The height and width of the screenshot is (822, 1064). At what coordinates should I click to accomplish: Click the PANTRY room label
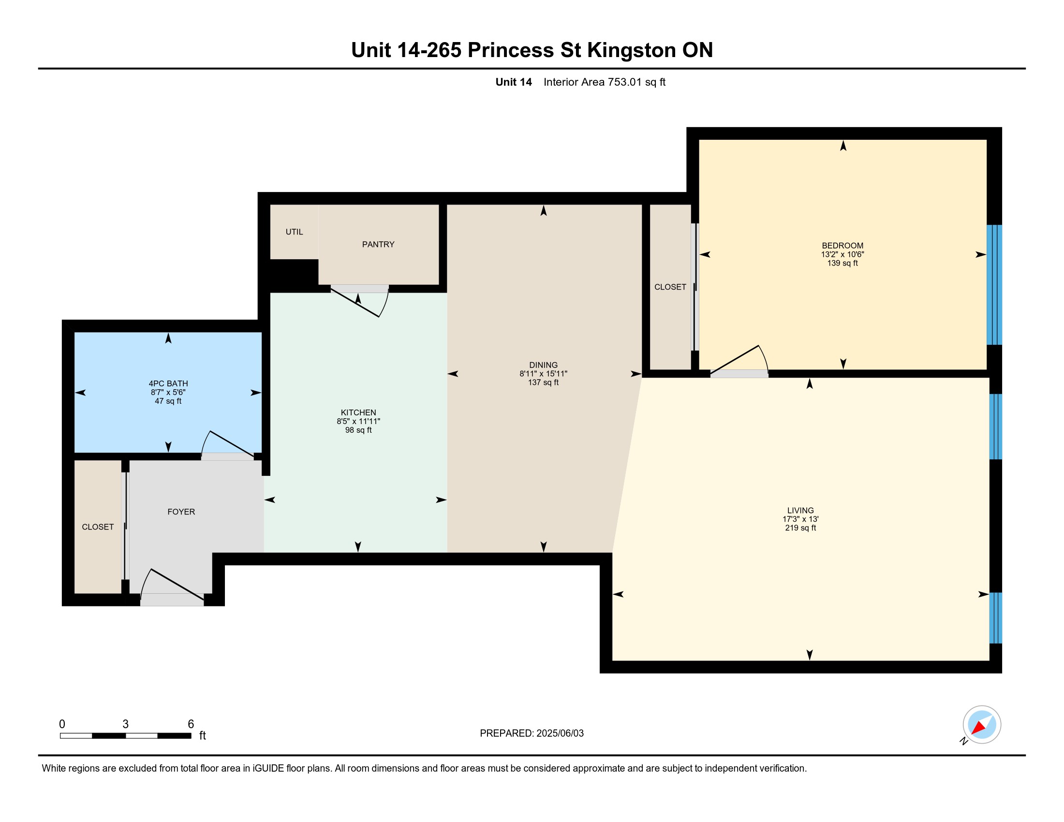(x=378, y=245)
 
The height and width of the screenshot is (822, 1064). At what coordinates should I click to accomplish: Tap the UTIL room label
(x=294, y=232)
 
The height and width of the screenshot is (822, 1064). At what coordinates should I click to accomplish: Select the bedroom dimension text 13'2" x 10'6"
(x=842, y=254)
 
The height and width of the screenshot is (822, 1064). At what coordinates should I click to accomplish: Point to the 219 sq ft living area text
(x=800, y=528)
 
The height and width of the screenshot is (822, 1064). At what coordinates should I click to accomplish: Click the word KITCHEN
(x=358, y=412)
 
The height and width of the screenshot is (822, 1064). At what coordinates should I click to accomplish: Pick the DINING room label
(x=543, y=365)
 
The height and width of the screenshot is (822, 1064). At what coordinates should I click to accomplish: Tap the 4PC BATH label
(x=168, y=384)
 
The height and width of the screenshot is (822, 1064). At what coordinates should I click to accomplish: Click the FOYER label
(x=181, y=512)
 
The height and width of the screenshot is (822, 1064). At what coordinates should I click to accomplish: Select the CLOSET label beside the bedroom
(x=670, y=287)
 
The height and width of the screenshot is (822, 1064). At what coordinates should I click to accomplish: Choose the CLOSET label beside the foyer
(x=98, y=527)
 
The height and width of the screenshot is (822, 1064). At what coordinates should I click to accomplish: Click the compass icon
(x=981, y=725)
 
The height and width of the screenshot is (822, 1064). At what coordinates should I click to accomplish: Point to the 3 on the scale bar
(x=126, y=724)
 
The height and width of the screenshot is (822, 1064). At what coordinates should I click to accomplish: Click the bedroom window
(x=994, y=285)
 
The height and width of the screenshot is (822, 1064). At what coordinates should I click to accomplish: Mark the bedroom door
(x=739, y=361)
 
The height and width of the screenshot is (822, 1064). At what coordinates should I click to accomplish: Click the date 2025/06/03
(x=560, y=734)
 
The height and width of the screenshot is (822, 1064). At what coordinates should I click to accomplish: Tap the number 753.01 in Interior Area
(x=624, y=82)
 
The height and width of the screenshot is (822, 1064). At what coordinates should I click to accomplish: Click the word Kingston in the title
(x=631, y=51)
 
